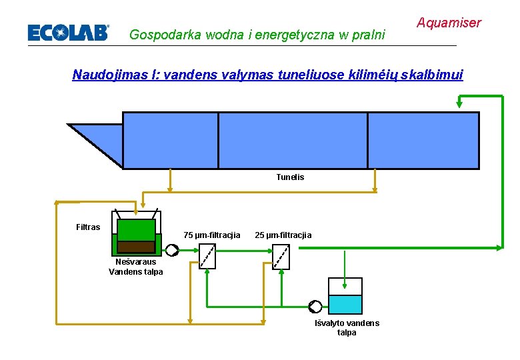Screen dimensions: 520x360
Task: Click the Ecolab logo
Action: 67,32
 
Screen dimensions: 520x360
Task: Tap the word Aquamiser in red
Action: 449,23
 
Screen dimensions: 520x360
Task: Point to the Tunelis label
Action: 290,177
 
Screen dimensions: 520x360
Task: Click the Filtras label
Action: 88,227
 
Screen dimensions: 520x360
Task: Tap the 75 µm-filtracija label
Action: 212,235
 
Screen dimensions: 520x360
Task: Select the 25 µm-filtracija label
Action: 283,235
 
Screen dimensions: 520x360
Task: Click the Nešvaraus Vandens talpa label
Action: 135,267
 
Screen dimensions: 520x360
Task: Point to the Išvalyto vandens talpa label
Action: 347,327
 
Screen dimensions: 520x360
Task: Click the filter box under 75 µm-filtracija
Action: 207,256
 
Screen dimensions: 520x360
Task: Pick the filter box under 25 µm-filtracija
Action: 282,256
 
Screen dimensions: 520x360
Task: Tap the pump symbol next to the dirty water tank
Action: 172,251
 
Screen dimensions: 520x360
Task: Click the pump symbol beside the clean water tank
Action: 315,307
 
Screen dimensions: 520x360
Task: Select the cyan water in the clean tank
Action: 345,305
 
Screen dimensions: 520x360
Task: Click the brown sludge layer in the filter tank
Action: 136,247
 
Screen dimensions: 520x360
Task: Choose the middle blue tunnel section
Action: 293,140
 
